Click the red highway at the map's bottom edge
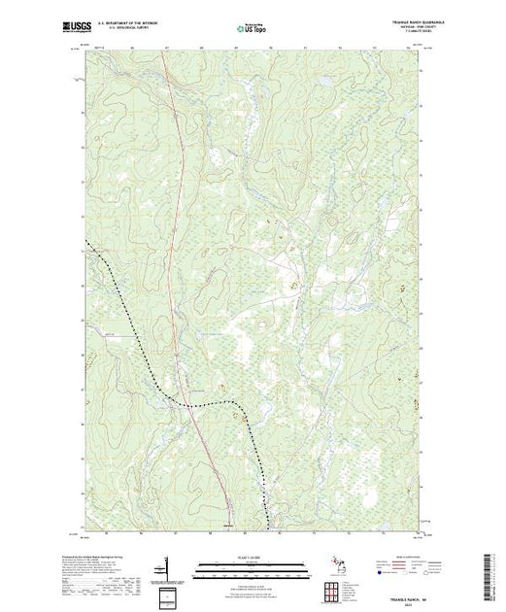click(x=232, y=530)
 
